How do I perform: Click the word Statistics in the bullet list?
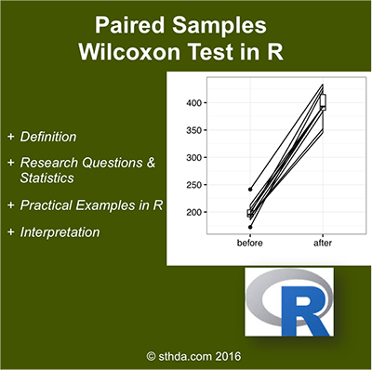coord(49,179)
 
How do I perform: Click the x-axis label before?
coord(249,244)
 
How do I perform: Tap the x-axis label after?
coord(323,244)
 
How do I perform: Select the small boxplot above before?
coord(249,213)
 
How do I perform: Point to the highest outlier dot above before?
coord(249,189)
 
